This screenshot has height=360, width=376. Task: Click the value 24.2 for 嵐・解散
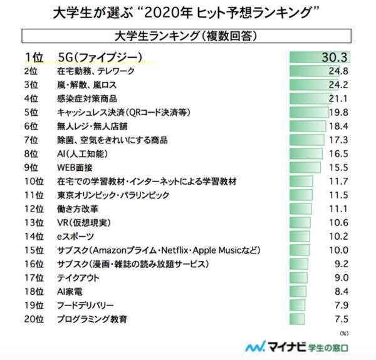338,85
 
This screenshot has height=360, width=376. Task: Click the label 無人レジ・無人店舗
91,126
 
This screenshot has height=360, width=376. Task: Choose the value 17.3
338,140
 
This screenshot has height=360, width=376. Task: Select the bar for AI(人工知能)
305,153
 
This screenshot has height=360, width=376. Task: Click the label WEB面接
73,167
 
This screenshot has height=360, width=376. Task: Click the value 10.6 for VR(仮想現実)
338,222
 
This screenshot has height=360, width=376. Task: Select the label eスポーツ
75,237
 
